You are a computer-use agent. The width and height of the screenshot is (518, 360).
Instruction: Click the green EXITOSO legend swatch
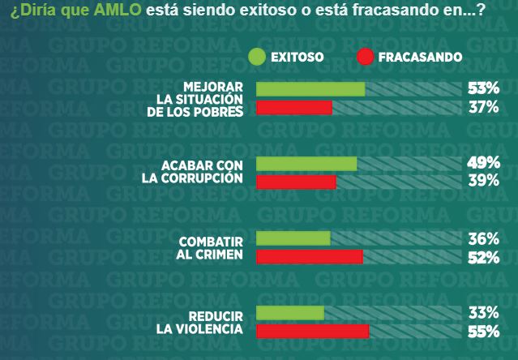point(258,57)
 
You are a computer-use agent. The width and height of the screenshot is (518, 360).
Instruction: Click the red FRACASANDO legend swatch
point(364,57)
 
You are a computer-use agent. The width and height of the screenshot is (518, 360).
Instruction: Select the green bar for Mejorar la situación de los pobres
point(310,89)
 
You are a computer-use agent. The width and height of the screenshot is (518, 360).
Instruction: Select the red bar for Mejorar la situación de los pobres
point(294,108)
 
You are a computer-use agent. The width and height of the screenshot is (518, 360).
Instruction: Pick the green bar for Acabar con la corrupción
point(306,164)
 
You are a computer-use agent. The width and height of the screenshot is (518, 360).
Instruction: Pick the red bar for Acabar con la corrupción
point(296,182)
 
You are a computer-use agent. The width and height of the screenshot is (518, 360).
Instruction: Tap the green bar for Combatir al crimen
point(293,238)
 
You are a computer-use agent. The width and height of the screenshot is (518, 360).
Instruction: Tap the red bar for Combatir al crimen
point(309,257)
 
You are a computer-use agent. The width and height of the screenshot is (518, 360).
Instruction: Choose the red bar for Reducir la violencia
point(312,332)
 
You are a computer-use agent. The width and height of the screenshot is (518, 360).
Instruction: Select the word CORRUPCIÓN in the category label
point(213,178)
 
